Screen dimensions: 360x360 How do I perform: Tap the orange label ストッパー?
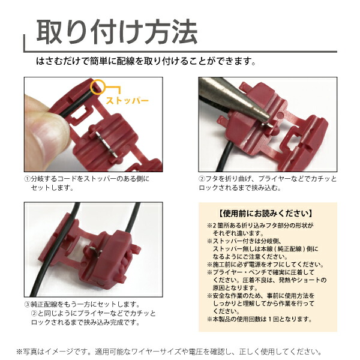click(127, 101)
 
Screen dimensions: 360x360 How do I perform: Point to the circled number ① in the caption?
click(27, 179)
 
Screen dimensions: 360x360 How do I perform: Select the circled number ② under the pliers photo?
click(202, 179)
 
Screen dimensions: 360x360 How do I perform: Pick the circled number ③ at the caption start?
click(27, 304)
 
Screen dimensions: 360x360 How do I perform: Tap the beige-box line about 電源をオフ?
click(264, 264)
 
